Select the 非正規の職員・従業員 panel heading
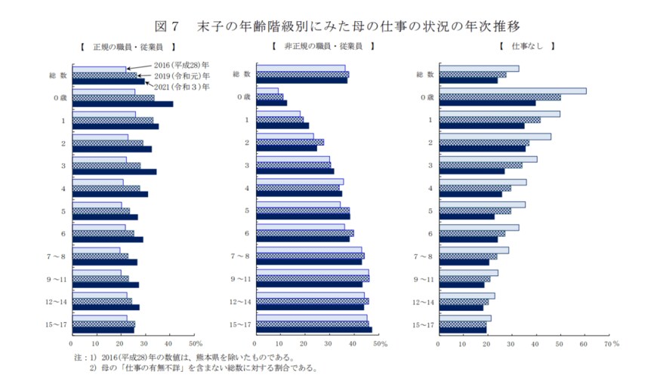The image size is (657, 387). point(322,47)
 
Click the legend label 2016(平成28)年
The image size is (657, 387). point(182,66)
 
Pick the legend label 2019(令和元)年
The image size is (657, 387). point(182,76)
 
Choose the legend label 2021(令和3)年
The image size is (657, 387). point(182,87)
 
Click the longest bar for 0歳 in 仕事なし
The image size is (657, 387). point(512,91)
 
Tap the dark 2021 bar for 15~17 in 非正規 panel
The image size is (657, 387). point(314,330)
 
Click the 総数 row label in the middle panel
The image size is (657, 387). point(242,75)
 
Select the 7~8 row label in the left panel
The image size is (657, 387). point(57,256)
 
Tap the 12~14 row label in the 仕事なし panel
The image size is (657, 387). point(424,302)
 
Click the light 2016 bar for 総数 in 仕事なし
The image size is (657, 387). point(479,69)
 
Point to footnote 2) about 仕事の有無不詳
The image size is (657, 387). point(203,369)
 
